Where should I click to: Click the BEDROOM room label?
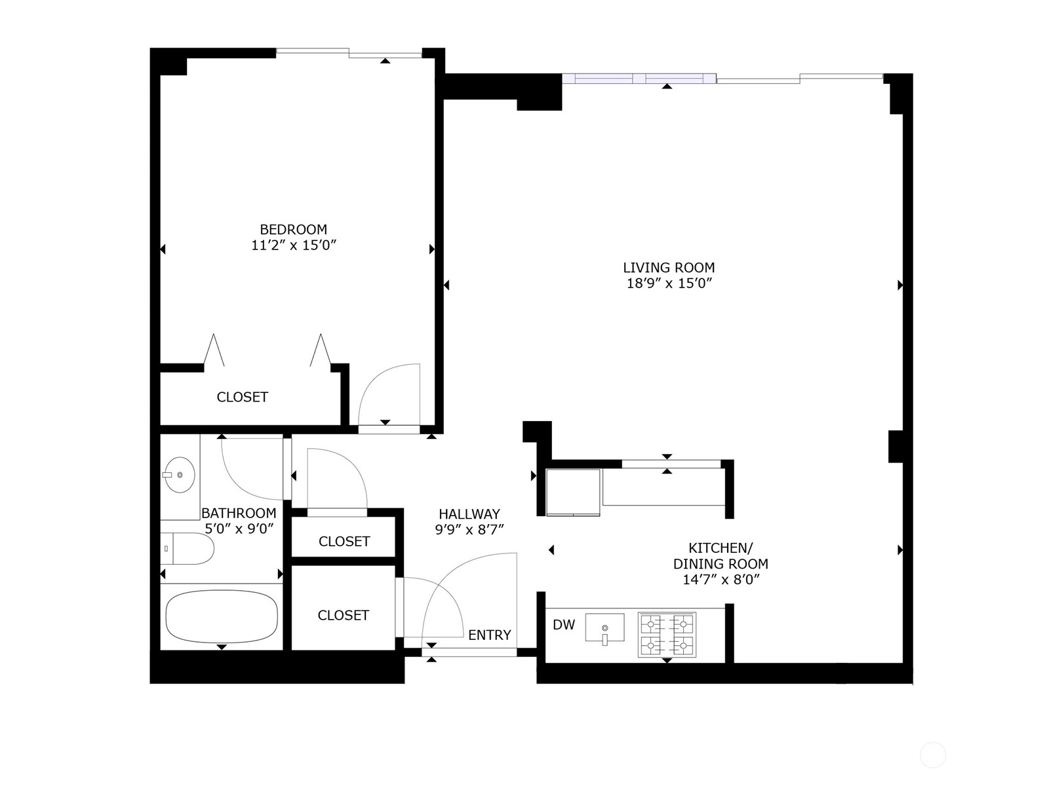[293, 229]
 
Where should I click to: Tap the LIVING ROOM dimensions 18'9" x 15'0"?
[669, 284]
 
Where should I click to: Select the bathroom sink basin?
[179, 474]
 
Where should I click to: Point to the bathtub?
[222, 616]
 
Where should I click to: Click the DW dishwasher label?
[564, 625]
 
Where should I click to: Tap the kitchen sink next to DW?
[604, 627]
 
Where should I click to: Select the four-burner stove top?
[667, 635]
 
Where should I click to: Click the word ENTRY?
[489, 635]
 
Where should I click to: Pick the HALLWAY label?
[469, 514]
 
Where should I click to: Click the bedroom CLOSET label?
[242, 397]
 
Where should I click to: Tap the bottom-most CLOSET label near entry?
[343, 615]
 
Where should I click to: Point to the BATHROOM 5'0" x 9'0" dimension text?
[239, 529]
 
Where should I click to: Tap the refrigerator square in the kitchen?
[573, 492]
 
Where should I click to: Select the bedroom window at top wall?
[348, 53]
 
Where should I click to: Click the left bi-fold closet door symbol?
[214, 351]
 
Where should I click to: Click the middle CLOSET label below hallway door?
[344, 541]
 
